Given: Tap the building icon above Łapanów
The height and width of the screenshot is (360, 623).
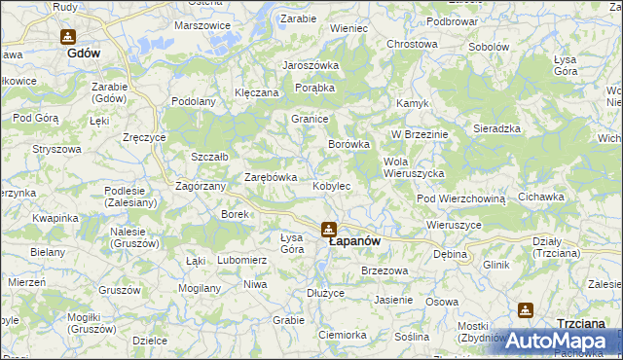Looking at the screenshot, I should (330, 229).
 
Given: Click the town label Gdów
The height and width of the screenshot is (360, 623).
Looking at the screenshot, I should (85, 54).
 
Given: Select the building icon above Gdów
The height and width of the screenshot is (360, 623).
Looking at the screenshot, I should (67, 37).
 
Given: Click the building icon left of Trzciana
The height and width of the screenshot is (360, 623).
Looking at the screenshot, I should (526, 310).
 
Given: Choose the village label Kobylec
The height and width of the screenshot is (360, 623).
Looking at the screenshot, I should (332, 185).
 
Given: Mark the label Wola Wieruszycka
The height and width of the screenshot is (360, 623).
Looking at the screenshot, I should (415, 166).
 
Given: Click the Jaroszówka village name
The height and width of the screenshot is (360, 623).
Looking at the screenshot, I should (311, 65).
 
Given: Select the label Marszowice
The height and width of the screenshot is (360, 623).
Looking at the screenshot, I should (202, 25).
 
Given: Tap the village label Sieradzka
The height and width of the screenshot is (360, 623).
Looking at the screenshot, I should (497, 128).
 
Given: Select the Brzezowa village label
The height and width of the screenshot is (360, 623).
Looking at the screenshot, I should (383, 270).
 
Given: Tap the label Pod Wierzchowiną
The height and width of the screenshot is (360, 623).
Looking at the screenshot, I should (461, 198).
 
